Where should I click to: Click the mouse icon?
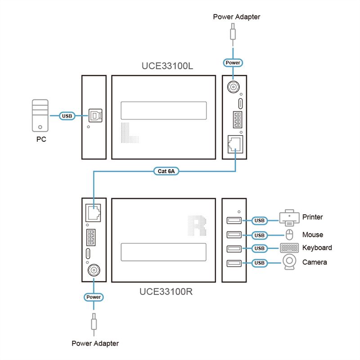click(289, 234)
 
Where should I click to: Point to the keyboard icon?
click(289, 248)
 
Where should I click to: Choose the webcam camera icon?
click(289, 263)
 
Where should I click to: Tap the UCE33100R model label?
click(166, 291)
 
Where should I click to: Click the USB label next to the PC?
click(67, 116)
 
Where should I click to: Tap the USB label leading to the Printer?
click(259, 220)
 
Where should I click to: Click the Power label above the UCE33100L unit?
click(233, 63)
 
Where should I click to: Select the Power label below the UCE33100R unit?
click(94, 297)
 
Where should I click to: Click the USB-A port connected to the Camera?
click(234, 263)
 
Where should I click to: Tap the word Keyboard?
click(317, 247)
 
